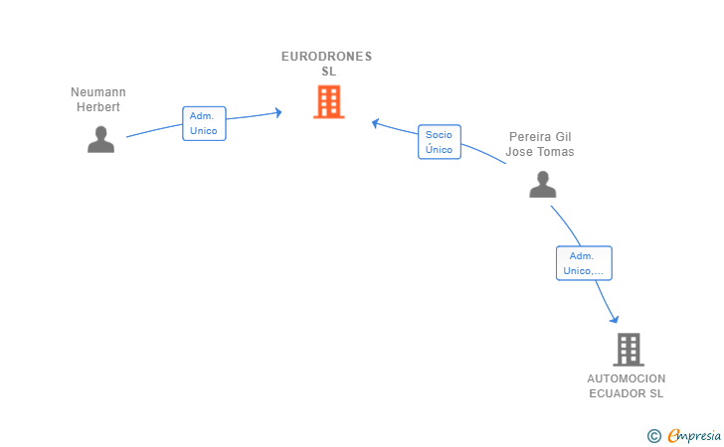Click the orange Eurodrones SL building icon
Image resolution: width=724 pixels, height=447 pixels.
coord(328,101)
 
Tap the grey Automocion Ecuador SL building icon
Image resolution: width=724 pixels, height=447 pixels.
coord(628,349)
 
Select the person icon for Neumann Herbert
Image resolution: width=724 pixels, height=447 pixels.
coord(100,139)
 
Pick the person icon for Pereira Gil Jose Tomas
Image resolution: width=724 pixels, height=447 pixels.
coord(542,184)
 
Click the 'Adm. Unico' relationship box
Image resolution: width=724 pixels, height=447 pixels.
coord(204,123)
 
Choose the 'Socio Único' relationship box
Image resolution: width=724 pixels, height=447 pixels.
coord(439,142)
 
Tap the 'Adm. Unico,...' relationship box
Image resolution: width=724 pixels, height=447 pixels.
coord(584,263)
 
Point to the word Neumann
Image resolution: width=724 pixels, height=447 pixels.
coord(98,92)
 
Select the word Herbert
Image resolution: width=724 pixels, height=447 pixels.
coord(98,107)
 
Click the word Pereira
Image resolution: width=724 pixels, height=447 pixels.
coord(527,137)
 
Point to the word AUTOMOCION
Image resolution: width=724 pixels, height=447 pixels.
coord(627,378)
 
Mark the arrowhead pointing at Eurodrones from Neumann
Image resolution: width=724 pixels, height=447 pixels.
coord(278,112)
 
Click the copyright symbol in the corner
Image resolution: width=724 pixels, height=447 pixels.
coord(653,435)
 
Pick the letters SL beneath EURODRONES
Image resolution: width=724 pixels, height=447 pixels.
coord(328,72)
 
